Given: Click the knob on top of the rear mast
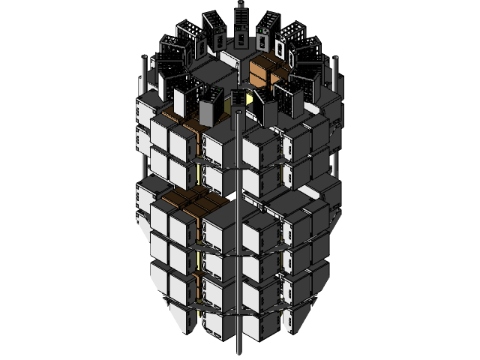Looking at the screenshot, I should pos(241,4).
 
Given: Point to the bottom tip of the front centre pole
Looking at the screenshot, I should pos(239,352).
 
